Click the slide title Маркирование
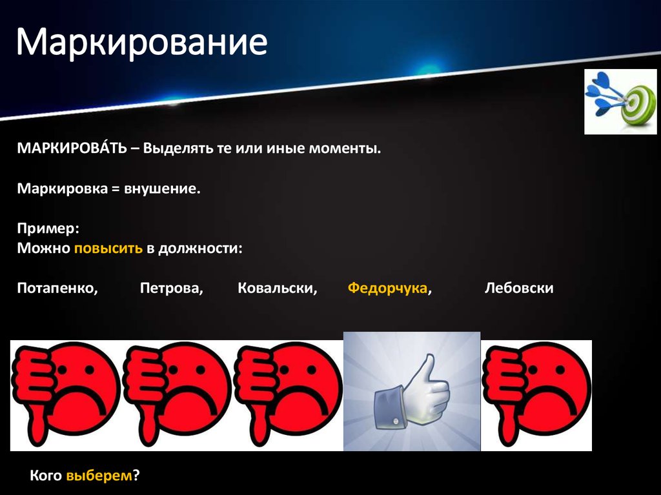coord(141,43)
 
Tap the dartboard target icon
coord(620,102)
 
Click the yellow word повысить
coord(108,248)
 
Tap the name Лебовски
coord(519,288)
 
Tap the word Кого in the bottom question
coord(46,476)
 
